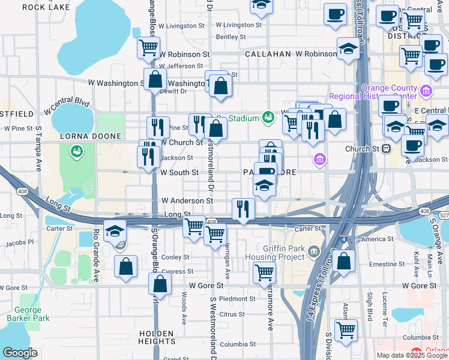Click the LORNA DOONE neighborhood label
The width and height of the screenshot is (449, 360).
point(83,136)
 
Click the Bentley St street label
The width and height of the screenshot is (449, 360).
point(231,37)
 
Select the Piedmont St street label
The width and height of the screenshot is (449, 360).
point(237,298)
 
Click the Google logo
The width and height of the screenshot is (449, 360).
point(20,353)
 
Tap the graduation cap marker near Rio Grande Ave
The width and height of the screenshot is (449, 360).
point(115,231)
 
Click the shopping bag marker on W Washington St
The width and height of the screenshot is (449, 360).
point(155,79)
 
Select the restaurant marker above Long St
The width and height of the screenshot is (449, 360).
point(243,208)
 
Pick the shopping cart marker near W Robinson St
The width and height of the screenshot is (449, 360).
point(148,47)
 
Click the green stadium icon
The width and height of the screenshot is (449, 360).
point(268,118)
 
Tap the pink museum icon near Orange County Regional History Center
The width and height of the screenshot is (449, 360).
point(427,91)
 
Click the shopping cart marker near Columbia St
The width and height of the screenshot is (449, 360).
point(345,329)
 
